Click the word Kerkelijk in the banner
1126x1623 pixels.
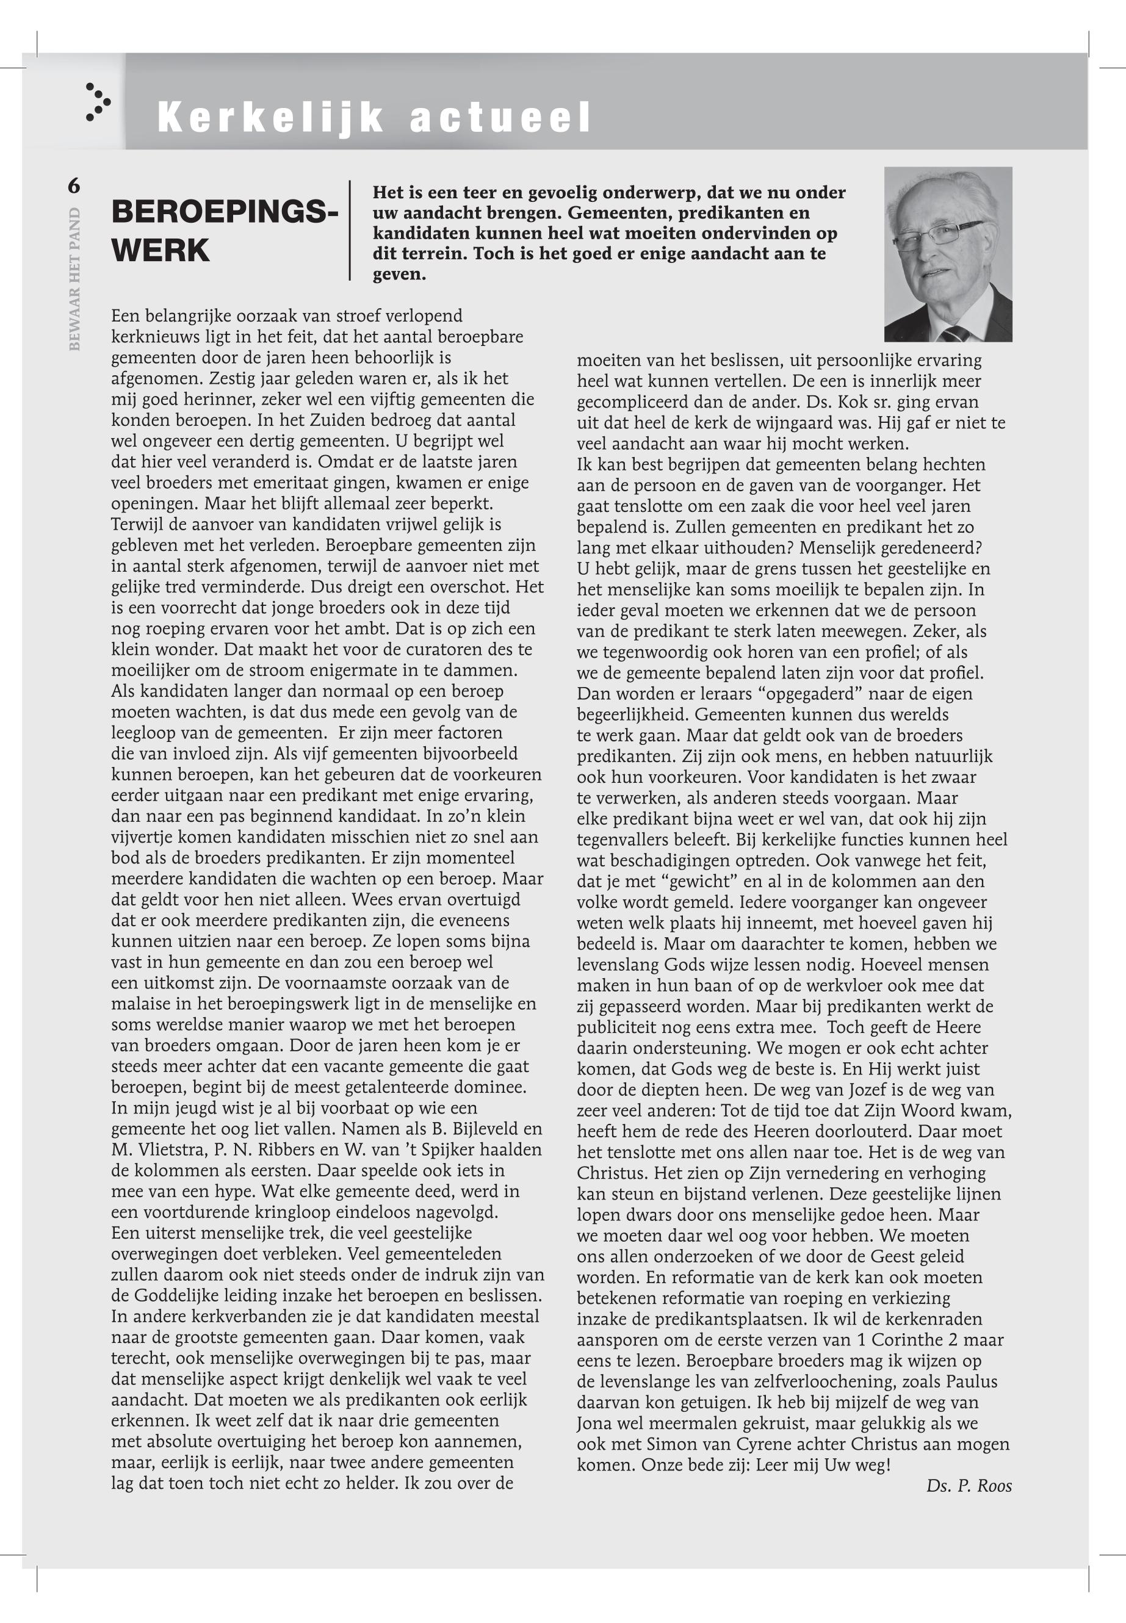point(270,117)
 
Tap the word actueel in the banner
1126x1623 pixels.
point(499,117)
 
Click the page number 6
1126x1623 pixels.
point(74,186)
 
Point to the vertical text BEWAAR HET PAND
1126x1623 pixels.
point(75,279)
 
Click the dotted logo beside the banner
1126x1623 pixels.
point(98,103)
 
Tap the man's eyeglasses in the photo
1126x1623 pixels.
point(939,232)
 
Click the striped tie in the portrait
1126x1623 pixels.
point(956,333)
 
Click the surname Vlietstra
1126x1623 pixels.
point(166,1150)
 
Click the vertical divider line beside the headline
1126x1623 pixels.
point(350,231)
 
